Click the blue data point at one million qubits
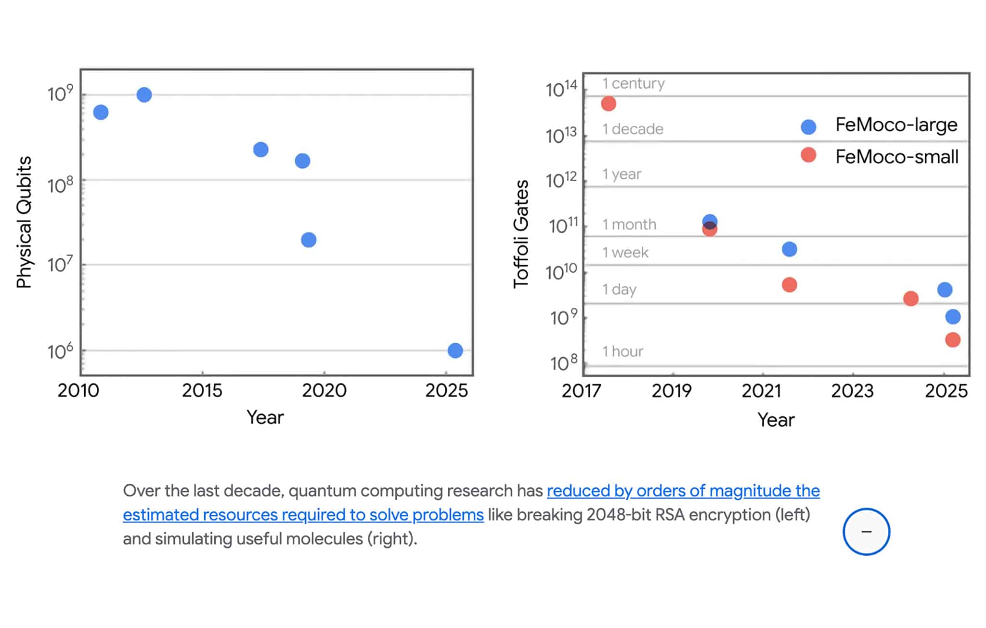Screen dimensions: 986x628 coord(455,350)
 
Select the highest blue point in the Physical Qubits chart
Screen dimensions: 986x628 coord(144,94)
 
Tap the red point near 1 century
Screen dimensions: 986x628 coord(609,104)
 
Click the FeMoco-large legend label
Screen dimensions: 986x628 coord(896,125)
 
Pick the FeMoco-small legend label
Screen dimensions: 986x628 coord(897,157)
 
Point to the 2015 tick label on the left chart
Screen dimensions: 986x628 coord(202,390)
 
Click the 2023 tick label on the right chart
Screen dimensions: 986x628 coord(852,391)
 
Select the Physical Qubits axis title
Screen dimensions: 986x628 coord(24,222)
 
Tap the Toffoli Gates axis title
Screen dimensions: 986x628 coord(521,234)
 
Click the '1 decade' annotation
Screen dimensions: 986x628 coord(633,129)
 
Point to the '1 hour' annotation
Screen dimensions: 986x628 coord(623,351)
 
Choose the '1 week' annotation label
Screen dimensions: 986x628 coord(625,252)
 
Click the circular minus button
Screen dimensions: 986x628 coord(866,532)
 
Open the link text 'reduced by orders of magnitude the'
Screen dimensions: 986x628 coord(684,491)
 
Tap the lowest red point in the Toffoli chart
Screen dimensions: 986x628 coord(952,340)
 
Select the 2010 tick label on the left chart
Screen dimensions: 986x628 coord(78,390)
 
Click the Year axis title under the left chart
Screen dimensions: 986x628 coord(265,417)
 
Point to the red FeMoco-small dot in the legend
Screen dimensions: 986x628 coord(808,155)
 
